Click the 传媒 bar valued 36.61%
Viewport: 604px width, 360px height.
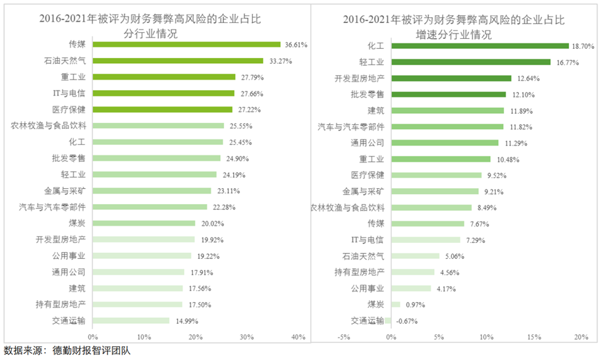tap(186, 45)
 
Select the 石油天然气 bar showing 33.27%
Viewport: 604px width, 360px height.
tap(178, 61)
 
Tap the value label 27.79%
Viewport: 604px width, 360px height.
tap(248, 77)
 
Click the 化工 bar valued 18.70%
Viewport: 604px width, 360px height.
tap(480, 46)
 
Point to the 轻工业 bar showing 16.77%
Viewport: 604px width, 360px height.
tap(470, 62)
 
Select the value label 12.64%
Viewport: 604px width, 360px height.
tap(528, 78)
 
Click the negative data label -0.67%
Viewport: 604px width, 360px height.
tap(406, 321)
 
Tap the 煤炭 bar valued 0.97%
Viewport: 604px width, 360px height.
tap(396, 305)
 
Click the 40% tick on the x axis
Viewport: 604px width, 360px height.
tap(298, 337)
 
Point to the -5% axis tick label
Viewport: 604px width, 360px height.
tap(343, 337)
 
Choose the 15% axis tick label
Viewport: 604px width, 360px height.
tap(534, 337)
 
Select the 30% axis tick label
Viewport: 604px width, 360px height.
tap(246, 337)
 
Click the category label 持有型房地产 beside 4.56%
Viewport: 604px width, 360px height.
tap(360, 272)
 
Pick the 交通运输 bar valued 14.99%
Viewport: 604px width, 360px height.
tap(130, 321)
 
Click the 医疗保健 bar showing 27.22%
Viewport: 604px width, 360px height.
tap(162, 109)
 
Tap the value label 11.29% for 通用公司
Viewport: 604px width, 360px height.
tap(515, 143)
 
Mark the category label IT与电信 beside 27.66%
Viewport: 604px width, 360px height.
tap(69, 93)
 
